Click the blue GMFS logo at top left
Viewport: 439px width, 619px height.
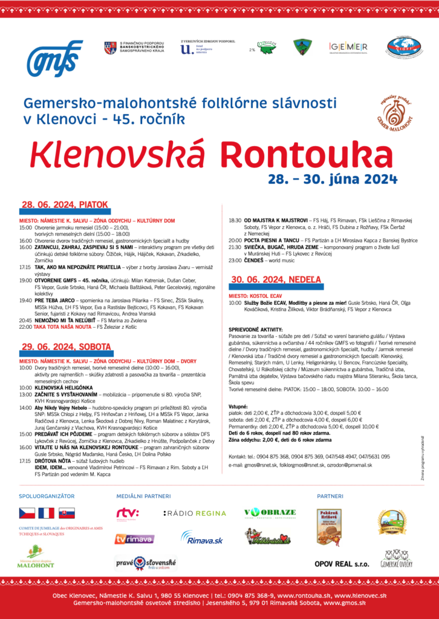point(54,59)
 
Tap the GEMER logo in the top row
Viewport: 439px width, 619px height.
point(348,47)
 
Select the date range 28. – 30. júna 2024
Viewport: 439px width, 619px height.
point(333,179)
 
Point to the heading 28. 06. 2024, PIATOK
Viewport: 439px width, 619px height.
point(64,204)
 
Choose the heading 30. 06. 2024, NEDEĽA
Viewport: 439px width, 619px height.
point(276,280)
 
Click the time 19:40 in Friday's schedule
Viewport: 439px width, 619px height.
point(25,300)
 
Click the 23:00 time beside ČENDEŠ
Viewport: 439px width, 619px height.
point(235,261)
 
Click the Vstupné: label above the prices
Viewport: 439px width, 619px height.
point(238,406)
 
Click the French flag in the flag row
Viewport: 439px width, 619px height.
point(47,514)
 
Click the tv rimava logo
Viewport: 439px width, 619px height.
point(134,539)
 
